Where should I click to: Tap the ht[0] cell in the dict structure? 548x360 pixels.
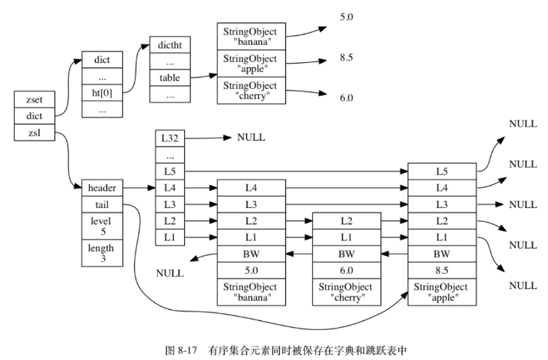click(x=102, y=93)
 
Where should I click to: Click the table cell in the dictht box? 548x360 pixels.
click(x=169, y=78)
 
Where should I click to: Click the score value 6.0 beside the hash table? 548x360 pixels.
click(x=346, y=97)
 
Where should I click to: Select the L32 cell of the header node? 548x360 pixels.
click(x=169, y=138)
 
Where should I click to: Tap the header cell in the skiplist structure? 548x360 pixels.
click(x=102, y=188)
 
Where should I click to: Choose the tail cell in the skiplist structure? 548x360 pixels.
click(x=102, y=204)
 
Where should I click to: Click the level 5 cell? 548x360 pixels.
click(x=102, y=227)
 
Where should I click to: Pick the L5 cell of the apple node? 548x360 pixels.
click(x=442, y=171)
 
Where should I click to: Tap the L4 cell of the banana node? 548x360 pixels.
click(x=251, y=188)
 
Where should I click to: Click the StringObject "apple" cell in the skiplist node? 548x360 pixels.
click(x=442, y=292)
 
